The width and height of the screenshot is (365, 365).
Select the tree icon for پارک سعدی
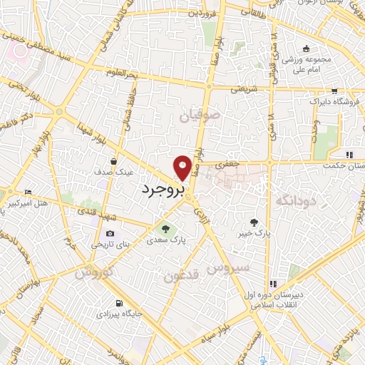[165, 230]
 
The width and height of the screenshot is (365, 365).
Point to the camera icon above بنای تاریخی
[110, 233]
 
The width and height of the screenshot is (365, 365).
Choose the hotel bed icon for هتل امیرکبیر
[28, 192]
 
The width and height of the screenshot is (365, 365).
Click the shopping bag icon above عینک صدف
[113, 161]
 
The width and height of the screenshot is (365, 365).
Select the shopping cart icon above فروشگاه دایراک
[334, 91]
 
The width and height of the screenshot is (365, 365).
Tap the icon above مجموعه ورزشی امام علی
[306, 48]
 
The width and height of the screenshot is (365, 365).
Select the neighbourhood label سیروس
[227, 269]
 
